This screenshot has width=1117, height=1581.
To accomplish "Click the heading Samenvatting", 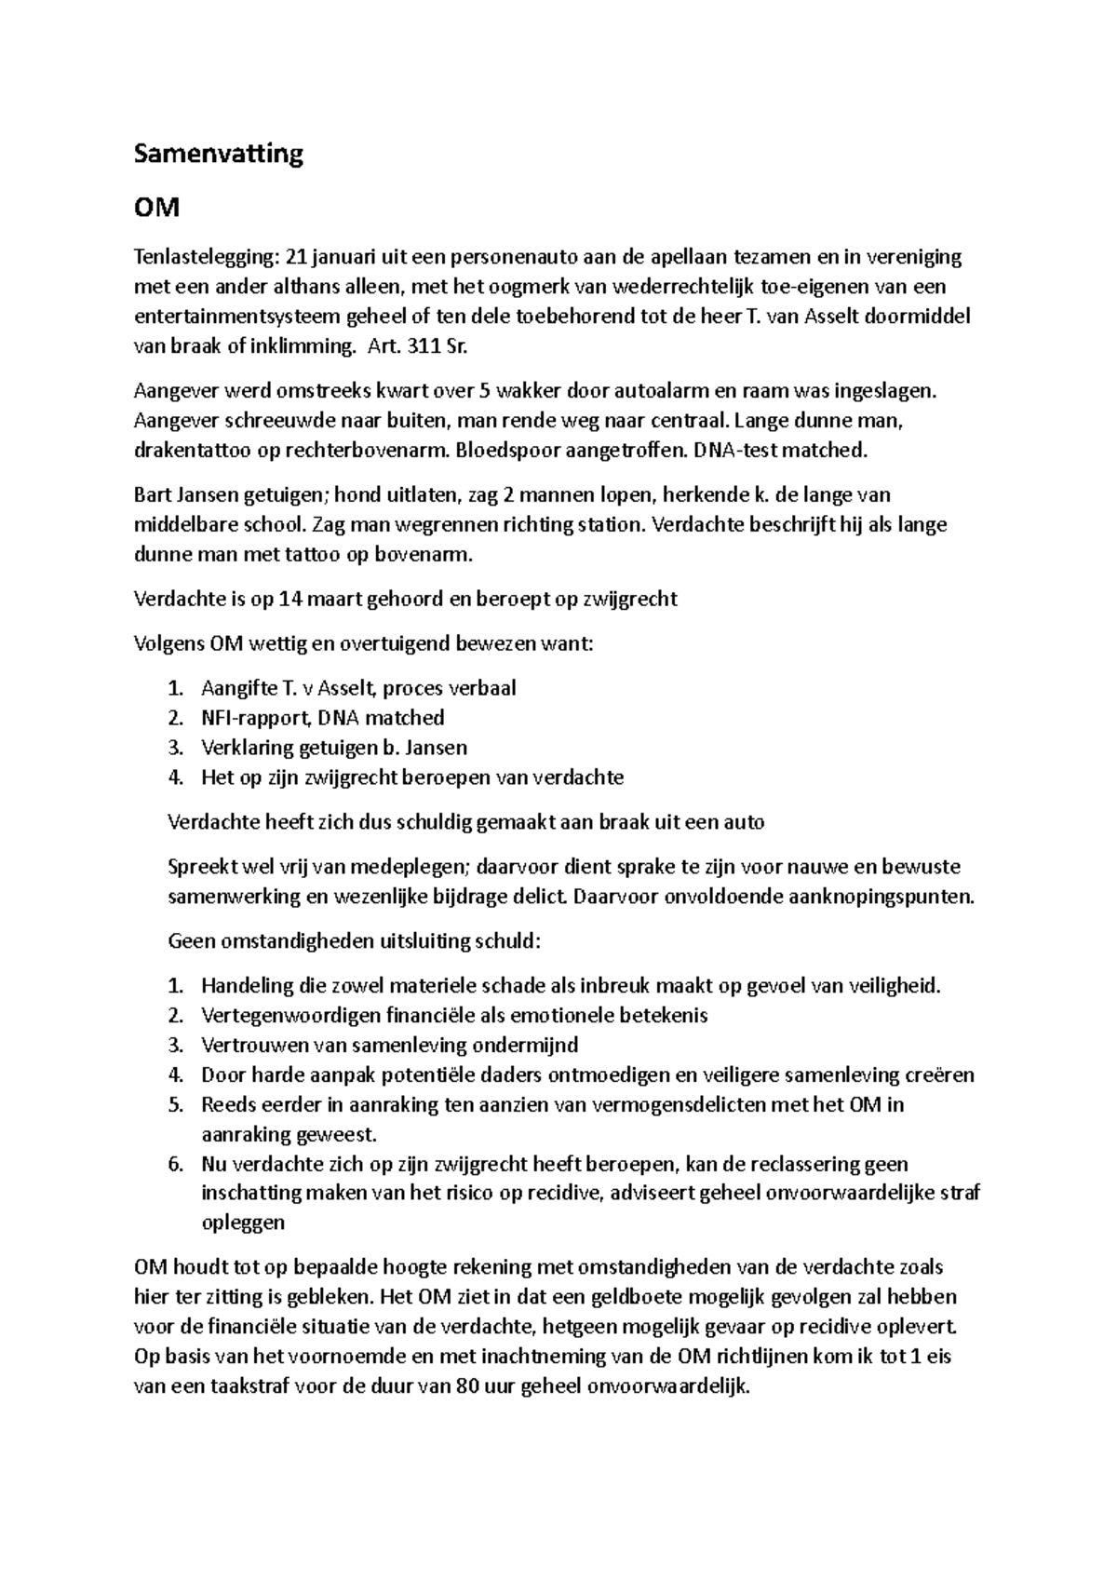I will tap(218, 154).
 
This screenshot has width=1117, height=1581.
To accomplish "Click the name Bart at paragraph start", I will tap(152, 494).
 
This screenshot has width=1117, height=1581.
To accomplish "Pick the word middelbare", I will tap(182, 524).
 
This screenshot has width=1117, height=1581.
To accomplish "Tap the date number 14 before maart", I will tap(289, 599).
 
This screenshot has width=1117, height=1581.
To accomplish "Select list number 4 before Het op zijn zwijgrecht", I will tap(175, 777).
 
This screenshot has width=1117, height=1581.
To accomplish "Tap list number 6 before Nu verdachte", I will tap(175, 1164).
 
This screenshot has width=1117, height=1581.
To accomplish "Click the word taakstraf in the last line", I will tap(244, 1386).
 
